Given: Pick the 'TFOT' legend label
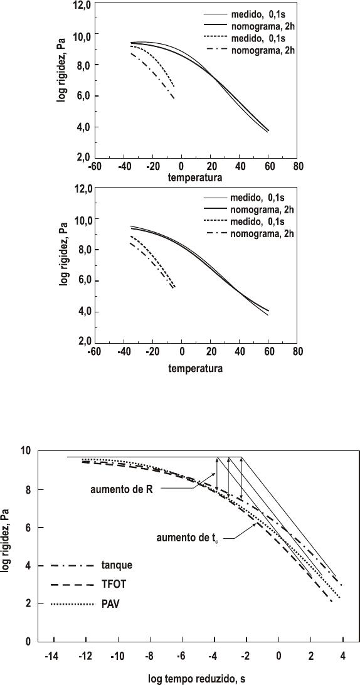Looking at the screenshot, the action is coord(113,585).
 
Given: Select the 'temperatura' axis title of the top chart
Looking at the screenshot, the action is coord(196,178).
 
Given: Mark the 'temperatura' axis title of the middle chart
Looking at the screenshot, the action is coord(196,368).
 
